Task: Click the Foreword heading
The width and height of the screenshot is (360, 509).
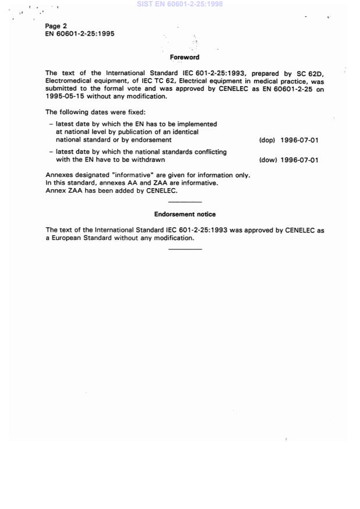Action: pos(184,57)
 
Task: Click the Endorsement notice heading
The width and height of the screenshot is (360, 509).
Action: pos(185,214)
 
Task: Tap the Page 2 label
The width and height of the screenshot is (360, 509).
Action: pos(56,26)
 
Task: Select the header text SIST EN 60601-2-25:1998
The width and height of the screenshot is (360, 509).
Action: pos(179,4)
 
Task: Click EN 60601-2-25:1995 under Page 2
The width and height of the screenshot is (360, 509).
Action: pos(80,34)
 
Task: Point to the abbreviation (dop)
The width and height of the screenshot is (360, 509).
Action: pos(267,140)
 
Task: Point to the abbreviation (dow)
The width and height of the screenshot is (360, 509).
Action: pos(267,160)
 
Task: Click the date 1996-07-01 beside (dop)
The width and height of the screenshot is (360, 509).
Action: pos(299,140)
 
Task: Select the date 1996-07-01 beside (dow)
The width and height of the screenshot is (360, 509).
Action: pos(299,160)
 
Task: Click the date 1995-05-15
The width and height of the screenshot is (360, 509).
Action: pos(65,97)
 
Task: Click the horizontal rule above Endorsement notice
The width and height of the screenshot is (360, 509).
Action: pos(185,202)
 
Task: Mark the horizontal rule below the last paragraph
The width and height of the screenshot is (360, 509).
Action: pos(185,249)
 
